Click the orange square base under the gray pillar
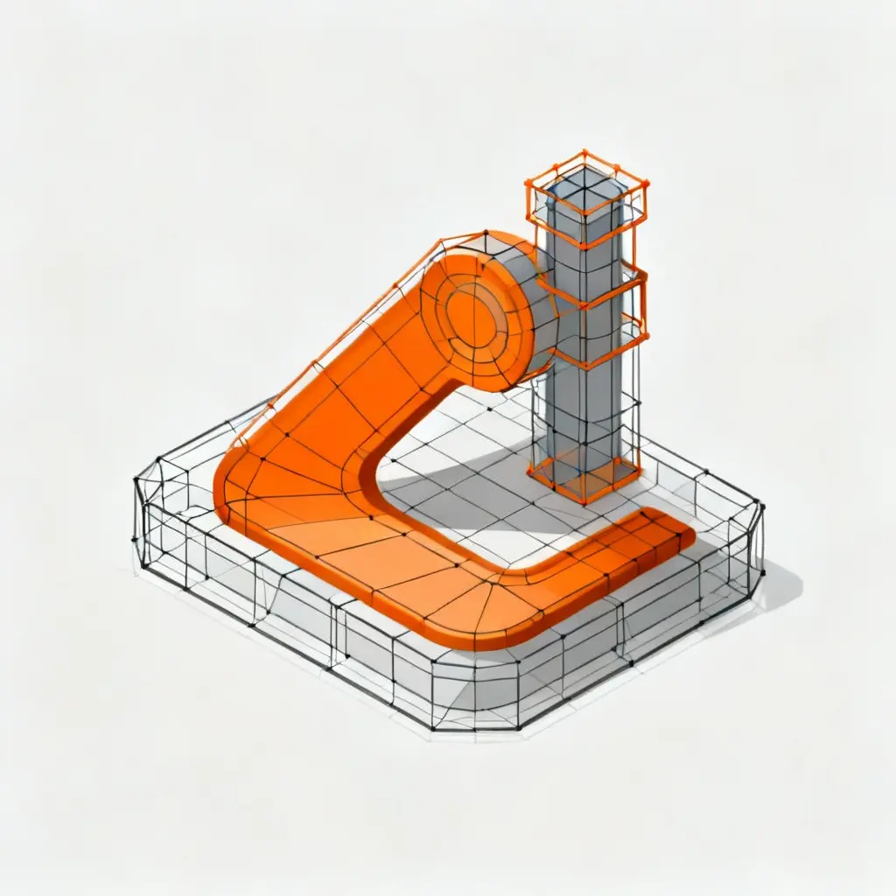(x=584, y=478)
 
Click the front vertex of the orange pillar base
(x=584, y=502)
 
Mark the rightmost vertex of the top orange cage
(x=647, y=184)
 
